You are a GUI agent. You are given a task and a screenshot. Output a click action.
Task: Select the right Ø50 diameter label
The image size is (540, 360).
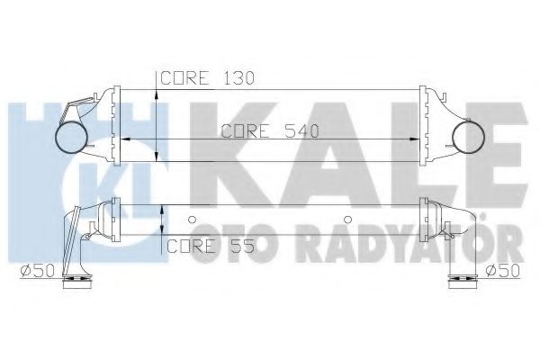point(502,270)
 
